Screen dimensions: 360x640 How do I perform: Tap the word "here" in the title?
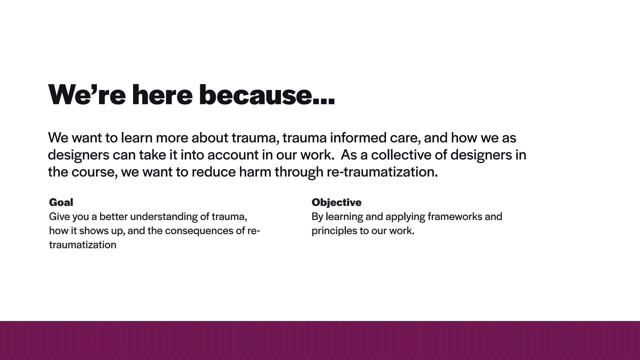pyautogui.click(x=162, y=95)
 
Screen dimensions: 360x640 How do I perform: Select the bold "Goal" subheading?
pyautogui.click(x=61, y=202)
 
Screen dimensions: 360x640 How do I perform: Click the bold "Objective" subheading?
pyautogui.click(x=337, y=202)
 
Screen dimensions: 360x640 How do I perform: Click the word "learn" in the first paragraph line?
pyautogui.click(x=137, y=138)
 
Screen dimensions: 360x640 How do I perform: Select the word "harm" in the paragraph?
pyautogui.click(x=255, y=172)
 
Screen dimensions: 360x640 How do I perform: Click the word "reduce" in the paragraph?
pyautogui.click(x=213, y=172)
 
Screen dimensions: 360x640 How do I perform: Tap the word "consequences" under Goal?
pyautogui.click(x=199, y=231)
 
